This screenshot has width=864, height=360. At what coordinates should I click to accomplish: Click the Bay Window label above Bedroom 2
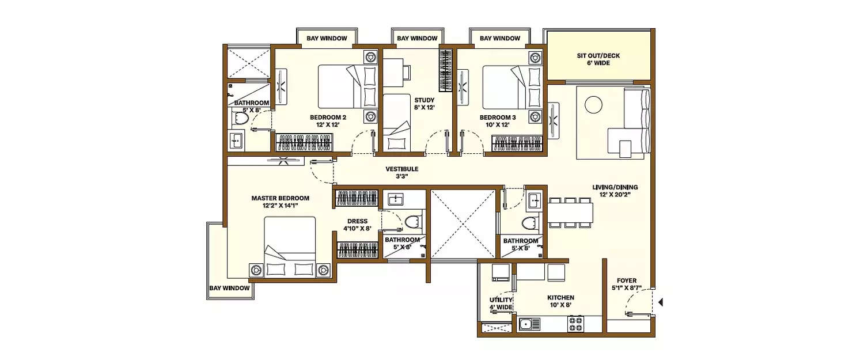327,39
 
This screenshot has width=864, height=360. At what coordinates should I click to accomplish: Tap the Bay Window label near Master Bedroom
229,288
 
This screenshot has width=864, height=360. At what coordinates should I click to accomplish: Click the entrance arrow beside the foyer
661,301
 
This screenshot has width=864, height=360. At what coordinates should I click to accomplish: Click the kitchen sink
526,324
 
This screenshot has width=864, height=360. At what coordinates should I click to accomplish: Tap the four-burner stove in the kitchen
575,324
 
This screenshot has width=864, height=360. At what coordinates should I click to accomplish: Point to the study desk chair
406,71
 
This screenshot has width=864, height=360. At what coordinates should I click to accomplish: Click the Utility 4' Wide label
501,304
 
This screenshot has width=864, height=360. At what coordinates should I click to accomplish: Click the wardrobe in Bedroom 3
517,142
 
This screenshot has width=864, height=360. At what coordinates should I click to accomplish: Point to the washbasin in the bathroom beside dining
534,201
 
